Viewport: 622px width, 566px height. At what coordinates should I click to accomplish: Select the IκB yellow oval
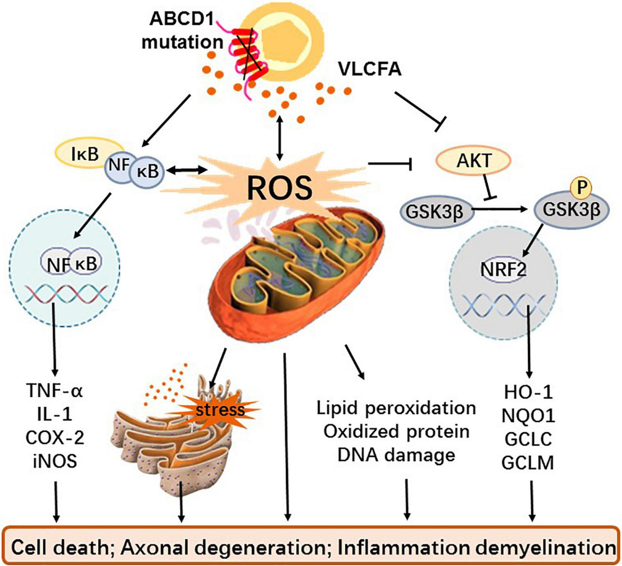[82, 155]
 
